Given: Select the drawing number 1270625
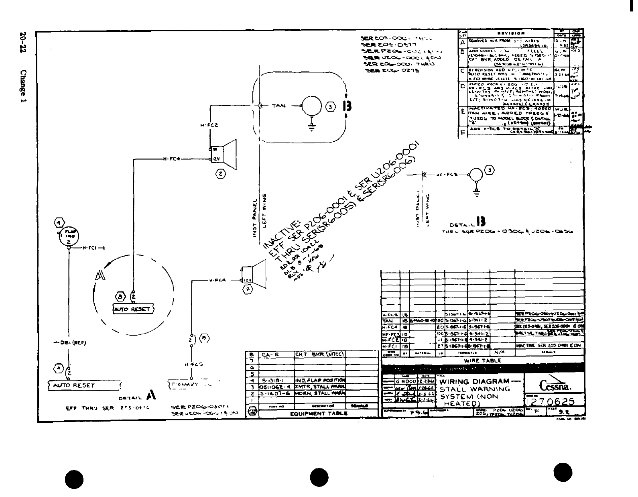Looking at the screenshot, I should click(551, 402).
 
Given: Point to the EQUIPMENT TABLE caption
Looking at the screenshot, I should click(318, 413).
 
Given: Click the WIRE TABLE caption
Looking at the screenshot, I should click(483, 361).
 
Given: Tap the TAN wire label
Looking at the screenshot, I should click(279, 106).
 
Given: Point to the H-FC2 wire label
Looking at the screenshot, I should click(209, 125).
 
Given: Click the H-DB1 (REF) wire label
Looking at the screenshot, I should click(70, 343).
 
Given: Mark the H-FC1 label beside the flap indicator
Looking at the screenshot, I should click(89, 248).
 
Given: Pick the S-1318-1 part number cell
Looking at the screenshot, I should click(273, 380).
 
